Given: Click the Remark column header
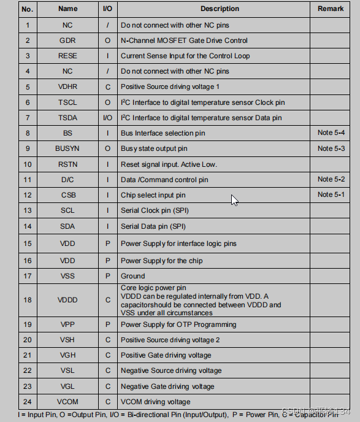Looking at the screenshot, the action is pyautogui.click(x=331, y=9).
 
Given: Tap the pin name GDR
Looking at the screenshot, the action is pyautogui.click(x=67, y=40).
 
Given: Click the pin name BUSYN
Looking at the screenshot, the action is pyautogui.click(x=67, y=148).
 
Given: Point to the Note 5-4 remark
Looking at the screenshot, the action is pyautogui.click(x=331, y=133).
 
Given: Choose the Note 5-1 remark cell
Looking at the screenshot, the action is pyautogui.click(x=331, y=195).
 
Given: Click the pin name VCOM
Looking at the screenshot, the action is pyautogui.click(x=67, y=402).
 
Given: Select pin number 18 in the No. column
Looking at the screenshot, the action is pyautogui.click(x=27, y=301).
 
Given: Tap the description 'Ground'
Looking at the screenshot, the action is pyautogui.click(x=133, y=276).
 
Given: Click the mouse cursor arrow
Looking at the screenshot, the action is pyautogui.click(x=234, y=199).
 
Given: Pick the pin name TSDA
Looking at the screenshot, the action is pyautogui.click(x=67, y=118).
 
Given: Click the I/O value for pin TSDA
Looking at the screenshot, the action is pyautogui.click(x=108, y=118).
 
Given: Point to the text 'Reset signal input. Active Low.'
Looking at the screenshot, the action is pyautogui.click(x=169, y=164).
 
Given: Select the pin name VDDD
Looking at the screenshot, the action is pyautogui.click(x=67, y=301).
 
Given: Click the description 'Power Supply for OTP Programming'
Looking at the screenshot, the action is pyautogui.click(x=178, y=324).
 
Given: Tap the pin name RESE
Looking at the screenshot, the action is pyautogui.click(x=67, y=56).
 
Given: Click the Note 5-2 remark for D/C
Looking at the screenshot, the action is pyautogui.click(x=331, y=179).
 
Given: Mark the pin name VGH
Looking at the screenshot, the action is pyautogui.click(x=67, y=355).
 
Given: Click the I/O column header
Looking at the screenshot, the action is pyautogui.click(x=108, y=9).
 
